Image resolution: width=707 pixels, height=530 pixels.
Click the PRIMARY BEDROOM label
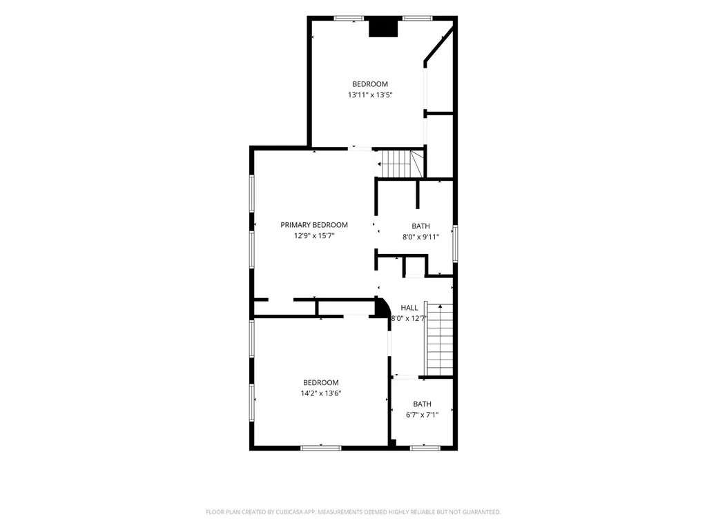pyautogui.click(x=314, y=225)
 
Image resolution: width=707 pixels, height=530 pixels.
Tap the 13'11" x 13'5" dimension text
pyautogui.click(x=370, y=95)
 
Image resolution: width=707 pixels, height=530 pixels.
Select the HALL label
pyautogui.click(x=409, y=308)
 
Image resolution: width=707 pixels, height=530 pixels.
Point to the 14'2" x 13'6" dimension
pyautogui.click(x=321, y=393)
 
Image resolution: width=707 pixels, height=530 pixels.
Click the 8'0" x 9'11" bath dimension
pyautogui.click(x=420, y=237)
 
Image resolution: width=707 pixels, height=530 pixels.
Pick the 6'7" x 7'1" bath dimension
pyautogui.click(x=422, y=415)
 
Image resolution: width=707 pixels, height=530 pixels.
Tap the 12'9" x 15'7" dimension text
pyautogui.click(x=314, y=236)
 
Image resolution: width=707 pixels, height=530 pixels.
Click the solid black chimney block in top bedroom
pyautogui.click(x=383, y=28)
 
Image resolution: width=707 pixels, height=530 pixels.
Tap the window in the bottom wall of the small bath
pyautogui.click(x=425, y=448)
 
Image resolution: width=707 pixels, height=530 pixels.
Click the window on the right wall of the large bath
pyautogui.click(x=456, y=244)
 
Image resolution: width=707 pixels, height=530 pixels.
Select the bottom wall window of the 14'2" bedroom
pyautogui.click(x=321, y=448)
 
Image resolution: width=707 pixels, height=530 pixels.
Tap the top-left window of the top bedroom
pyautogui.click(x=349, y=19)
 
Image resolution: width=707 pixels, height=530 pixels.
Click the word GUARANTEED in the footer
pyautogui.click(x=482, y=512)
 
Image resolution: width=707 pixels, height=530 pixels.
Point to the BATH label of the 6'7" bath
pyautogui.click(x=422, y=404)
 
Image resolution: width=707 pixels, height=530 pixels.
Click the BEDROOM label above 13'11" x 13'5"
pyautogui.click(x=370, y=84)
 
